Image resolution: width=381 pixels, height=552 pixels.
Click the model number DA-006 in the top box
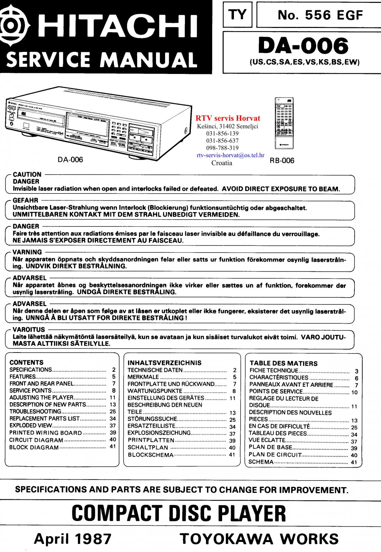[303, 46]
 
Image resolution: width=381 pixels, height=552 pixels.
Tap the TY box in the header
[237, 15]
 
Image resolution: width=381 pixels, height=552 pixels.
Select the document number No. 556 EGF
[320, 15]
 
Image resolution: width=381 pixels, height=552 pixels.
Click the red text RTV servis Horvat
[228, 118]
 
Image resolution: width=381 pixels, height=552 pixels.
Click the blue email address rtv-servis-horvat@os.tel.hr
[230, 155]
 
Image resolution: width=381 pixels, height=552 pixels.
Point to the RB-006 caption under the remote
[282, 160]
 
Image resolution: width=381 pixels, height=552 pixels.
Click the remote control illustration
[284, 123]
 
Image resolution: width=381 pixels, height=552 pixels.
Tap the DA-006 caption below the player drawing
[70, 160]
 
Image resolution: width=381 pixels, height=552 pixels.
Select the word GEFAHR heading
[25, 201]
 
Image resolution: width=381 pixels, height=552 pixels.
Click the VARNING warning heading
[27, 252]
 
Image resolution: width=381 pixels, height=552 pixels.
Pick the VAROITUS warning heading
[29, 330]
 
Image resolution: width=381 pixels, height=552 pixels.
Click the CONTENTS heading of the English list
[26, 362]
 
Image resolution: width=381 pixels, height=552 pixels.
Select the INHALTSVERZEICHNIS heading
[164, 363]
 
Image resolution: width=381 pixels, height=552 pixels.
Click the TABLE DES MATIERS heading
[284, 364]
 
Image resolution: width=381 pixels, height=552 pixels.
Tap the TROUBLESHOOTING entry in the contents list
[35, 411]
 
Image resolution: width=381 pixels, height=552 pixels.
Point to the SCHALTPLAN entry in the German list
[148, 447]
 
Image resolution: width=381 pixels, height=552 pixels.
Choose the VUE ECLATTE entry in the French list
[267, 440]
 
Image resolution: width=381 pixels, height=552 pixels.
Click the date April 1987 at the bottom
[72, 539]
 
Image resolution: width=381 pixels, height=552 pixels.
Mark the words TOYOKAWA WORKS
[259, 539]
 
